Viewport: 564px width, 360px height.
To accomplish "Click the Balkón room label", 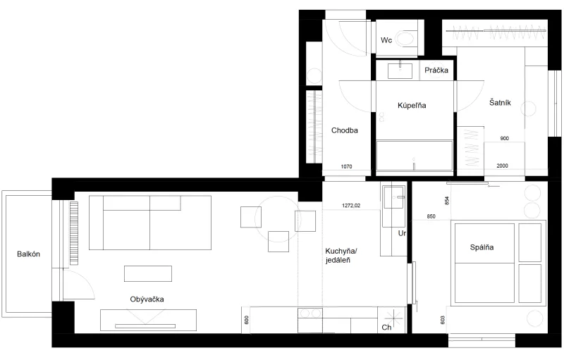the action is click(28, 254).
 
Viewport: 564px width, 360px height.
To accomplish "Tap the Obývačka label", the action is click(147, 299).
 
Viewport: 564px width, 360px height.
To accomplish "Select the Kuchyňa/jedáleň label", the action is click(341, 256).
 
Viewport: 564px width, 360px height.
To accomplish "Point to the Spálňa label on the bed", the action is click(482, 247).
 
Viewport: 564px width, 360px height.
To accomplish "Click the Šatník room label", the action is click(500, 103).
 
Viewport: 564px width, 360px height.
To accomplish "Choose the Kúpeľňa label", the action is click(412, 105).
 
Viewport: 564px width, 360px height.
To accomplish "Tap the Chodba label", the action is click(345, 130).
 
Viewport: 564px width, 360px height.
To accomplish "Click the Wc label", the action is click(386, 40).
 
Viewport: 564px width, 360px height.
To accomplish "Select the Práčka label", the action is click(436, 70).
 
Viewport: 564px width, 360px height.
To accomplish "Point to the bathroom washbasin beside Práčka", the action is click(400, 70).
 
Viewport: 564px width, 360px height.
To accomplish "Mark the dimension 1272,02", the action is click(351, 206).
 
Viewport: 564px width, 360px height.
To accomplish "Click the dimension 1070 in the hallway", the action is click(346, 166).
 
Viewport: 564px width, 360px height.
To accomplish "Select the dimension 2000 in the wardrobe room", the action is click(503, 166).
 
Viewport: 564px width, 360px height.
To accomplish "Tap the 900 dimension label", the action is click(505, 138).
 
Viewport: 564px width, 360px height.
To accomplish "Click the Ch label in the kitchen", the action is click(386, 328).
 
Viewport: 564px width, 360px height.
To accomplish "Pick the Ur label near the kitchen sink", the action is click(402, 233).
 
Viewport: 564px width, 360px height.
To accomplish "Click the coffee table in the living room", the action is click(148, 273).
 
